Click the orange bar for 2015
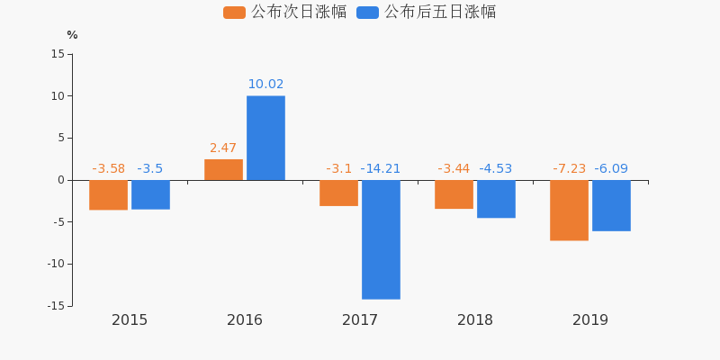tap(108, 195)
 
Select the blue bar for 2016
tap(265, 138)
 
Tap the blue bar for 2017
tap(381, 239)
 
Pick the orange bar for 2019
tap(569, 210)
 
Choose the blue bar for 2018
tap(496, 199)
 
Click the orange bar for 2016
tap(223, 169)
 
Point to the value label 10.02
tap(265, 85)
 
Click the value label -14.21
tap(381, 168)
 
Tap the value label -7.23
tap(569, 168)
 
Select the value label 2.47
tap(223, 148)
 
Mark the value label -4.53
tap(496, 168)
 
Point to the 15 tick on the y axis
tap(58, 54)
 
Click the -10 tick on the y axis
tap(55, 264)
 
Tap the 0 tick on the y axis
tap(61, 180)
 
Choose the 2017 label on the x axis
tap(360, 320)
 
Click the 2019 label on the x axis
tap(590, 320)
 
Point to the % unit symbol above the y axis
tap(72, 35)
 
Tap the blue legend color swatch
tap(367, 13)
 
